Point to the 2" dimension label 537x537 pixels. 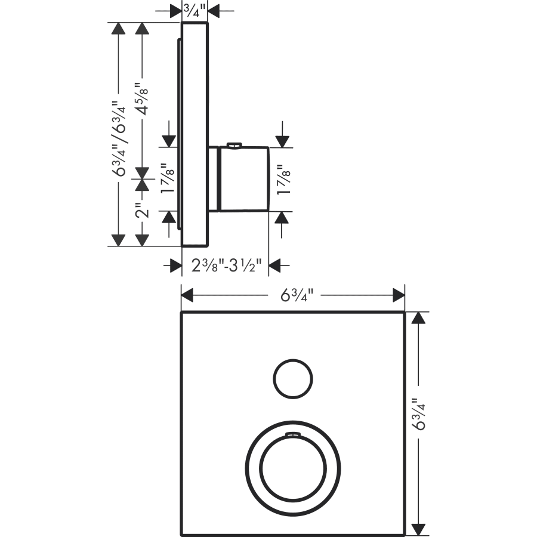(141, 212)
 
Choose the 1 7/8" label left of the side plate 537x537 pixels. (168, 179)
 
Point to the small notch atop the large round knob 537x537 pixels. (292, 435)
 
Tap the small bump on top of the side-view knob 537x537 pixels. (234, 144)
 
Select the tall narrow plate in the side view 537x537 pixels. (195, 134)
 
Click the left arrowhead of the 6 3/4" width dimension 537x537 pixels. (189, 295)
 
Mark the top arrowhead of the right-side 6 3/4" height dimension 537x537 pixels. (419, 318)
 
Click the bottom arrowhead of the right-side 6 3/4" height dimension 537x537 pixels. (419, 529)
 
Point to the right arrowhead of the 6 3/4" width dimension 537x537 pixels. (398, 295)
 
